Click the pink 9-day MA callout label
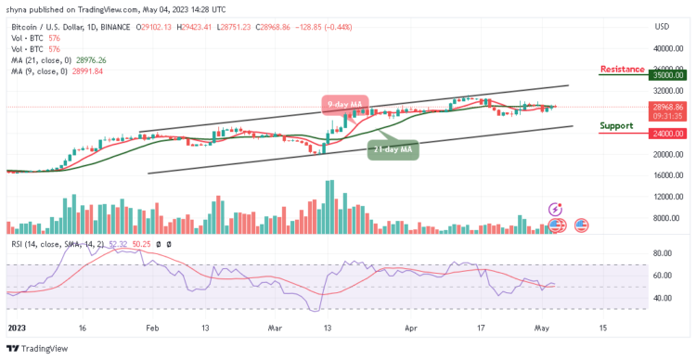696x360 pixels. (344, 103)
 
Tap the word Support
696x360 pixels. (616, 125)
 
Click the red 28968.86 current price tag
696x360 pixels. (667, 108)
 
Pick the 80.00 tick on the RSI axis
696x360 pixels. (662, 252)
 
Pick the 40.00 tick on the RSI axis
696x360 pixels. (662, 298)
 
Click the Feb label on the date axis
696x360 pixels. (153, 328)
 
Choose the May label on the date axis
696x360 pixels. (541, 328)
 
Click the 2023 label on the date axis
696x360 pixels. (16, 328)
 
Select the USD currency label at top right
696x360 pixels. (662, 26)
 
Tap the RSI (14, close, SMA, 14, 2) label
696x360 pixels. (56, 244)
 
